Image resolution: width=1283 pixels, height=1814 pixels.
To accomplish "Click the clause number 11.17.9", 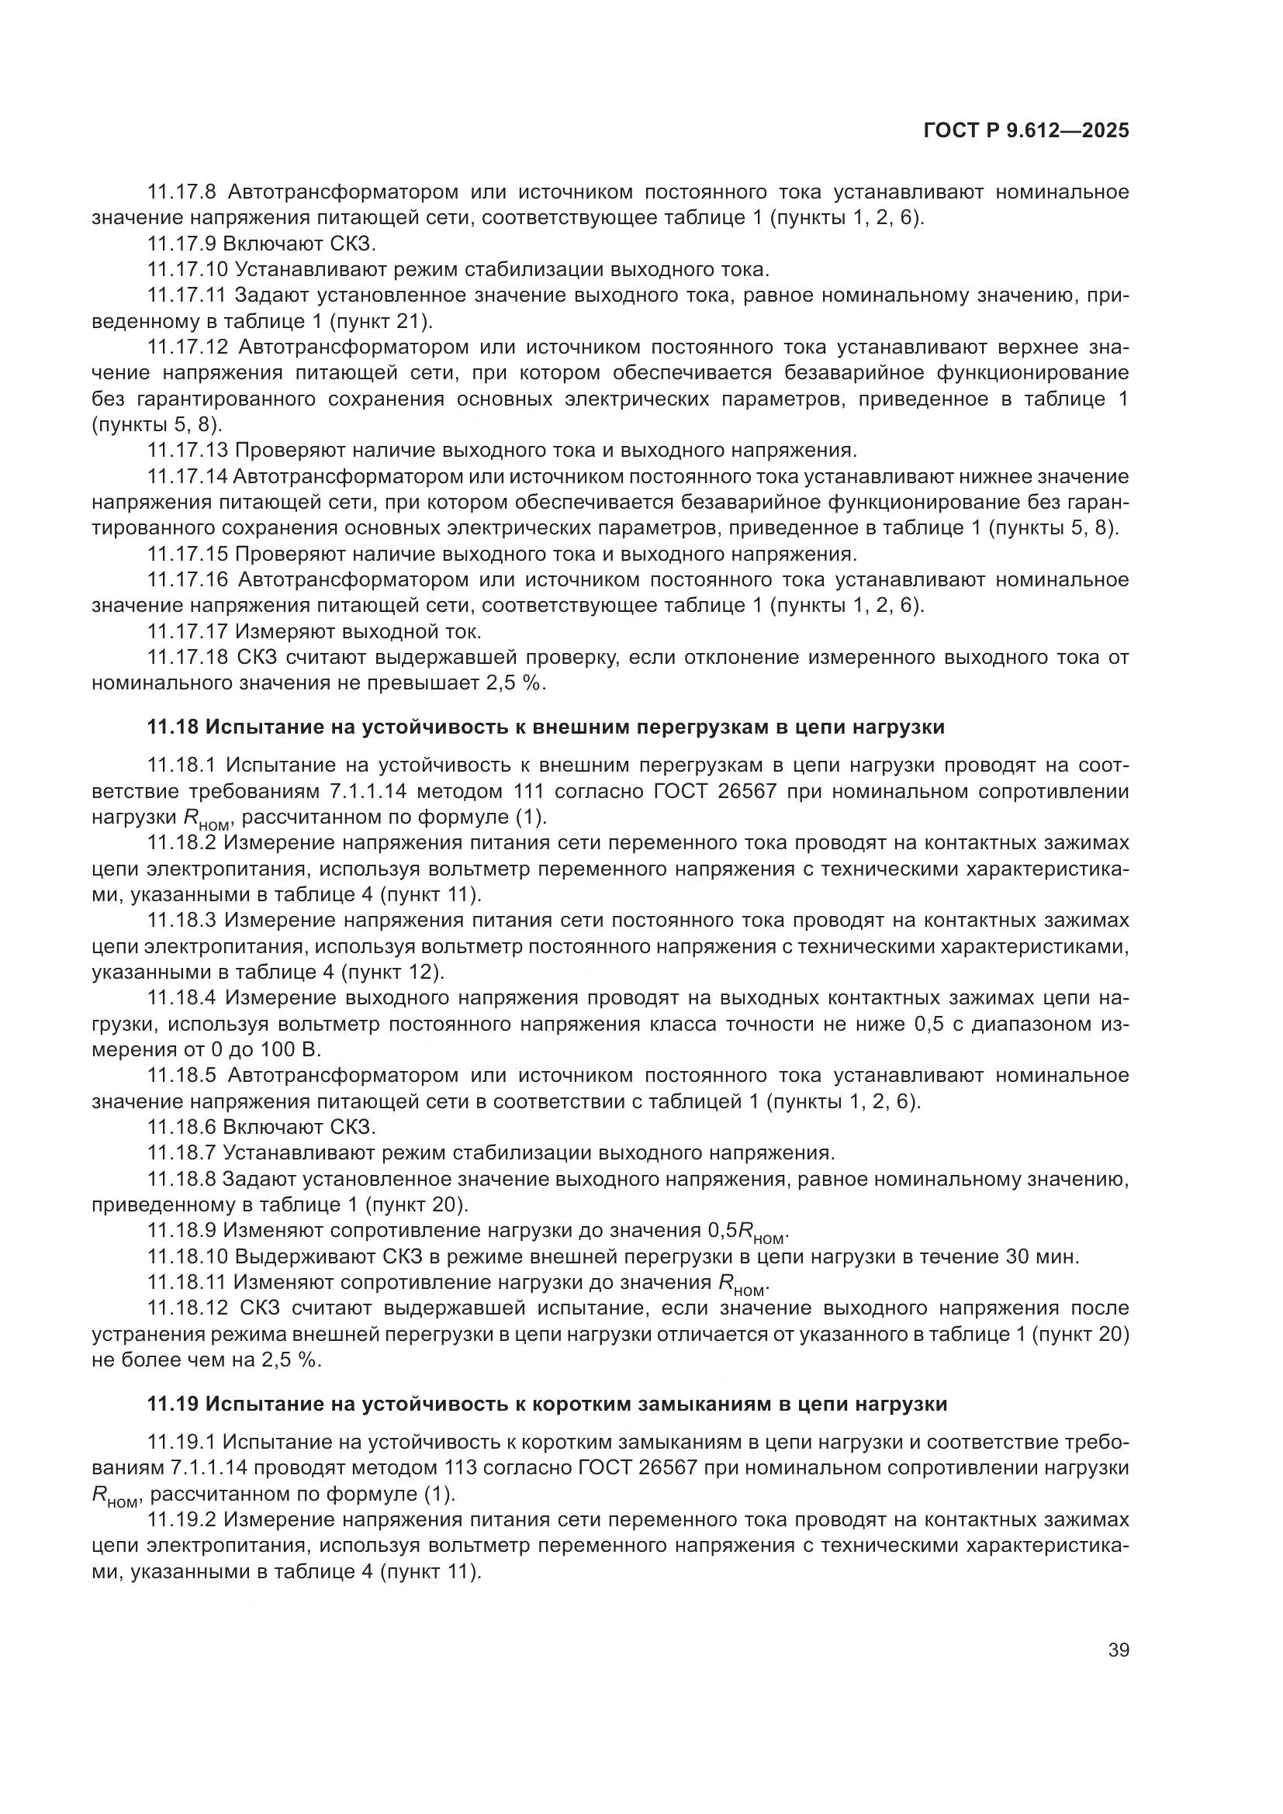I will point(181,244).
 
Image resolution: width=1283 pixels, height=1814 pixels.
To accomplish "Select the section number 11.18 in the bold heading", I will point(171,727).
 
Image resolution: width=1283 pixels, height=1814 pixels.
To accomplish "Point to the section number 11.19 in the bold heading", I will point(171,1404).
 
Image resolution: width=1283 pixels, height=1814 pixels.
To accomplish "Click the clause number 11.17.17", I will point(187,632).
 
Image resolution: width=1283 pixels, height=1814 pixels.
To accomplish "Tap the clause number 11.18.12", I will point(187,1308).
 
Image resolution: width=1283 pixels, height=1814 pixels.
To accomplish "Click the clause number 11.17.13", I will point(187,451).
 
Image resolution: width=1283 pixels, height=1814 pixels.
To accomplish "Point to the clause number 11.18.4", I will point(181,999).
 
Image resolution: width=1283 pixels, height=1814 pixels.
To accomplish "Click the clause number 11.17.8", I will point(181,192).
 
